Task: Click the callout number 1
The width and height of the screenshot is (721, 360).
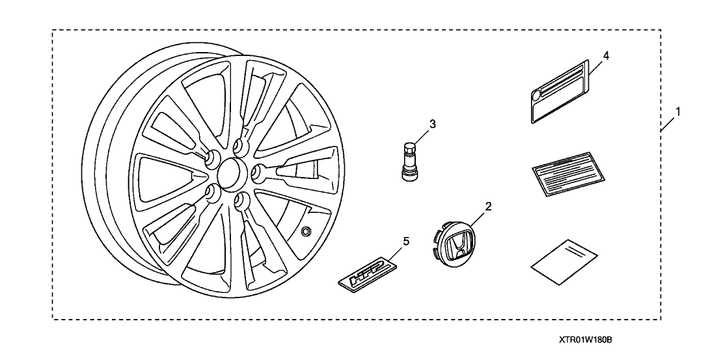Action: (677, 111)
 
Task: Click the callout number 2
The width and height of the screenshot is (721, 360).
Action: (487, 206)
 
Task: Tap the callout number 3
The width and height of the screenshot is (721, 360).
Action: (432, 124)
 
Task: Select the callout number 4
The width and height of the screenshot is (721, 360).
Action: (606, 55)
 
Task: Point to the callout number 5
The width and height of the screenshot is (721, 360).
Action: (405, 240)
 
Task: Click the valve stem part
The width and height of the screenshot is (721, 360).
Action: (409, 161)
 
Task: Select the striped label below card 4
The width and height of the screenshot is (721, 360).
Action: (567, 174)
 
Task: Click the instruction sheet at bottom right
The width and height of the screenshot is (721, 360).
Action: (564, 262)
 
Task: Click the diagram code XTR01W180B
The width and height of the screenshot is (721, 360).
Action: (585, 339)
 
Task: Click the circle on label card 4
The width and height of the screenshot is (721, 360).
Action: (537, 95)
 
